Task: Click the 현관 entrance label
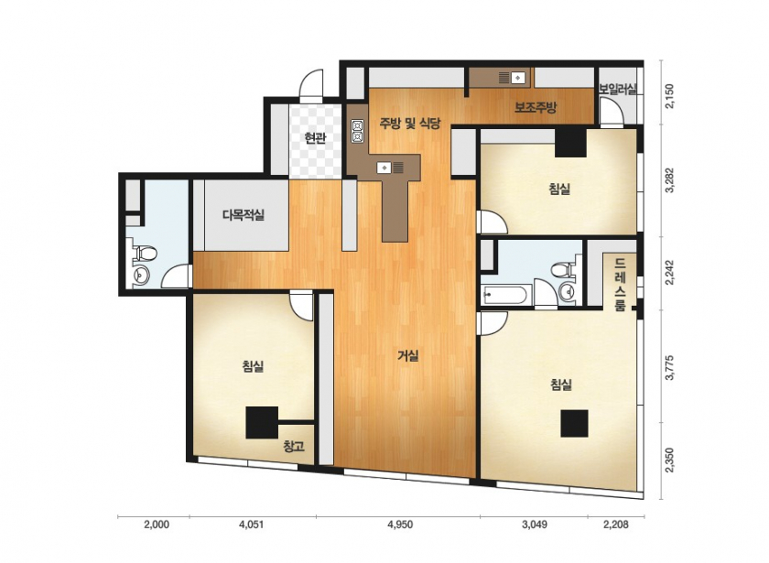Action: pos(315,138)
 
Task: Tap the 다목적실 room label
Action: pos(244,215)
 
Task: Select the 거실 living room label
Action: pos(408,355)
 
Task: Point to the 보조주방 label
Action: pos(536,107)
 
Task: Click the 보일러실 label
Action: pos(617,90)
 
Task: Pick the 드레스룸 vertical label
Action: pos(620,285)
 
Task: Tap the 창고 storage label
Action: pos(294,447)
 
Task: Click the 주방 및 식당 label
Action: pos(410,123)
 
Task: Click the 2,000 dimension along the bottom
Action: pos(157,525)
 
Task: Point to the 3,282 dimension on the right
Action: pos(670,180)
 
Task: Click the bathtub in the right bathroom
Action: pos(504,296)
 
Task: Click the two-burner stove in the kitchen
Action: pos(357,130)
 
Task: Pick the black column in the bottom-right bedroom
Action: pos(574,423)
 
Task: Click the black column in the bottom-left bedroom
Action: pos(262,423)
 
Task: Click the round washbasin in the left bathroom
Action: pos(141,276)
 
